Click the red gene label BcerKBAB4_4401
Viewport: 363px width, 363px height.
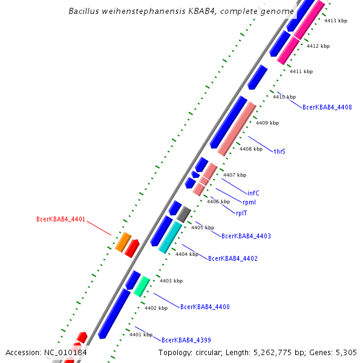60,219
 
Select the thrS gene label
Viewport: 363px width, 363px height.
280,151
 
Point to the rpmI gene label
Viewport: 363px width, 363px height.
249,202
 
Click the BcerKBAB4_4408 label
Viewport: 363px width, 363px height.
327,107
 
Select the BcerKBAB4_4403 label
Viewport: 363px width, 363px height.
246,236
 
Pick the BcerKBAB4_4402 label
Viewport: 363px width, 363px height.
233,258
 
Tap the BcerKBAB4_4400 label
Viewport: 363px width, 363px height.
205,307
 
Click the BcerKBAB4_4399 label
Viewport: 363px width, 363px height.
186,340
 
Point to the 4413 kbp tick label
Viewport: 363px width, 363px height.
336,21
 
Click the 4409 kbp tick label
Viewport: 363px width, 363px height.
267,123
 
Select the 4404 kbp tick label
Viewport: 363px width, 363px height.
187,254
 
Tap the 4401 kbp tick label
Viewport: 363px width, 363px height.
141,335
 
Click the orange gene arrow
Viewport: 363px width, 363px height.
123,241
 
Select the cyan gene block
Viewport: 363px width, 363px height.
170,237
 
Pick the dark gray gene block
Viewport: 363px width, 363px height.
184,214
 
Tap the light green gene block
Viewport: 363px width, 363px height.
142,286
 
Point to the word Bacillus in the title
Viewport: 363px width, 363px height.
84,11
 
